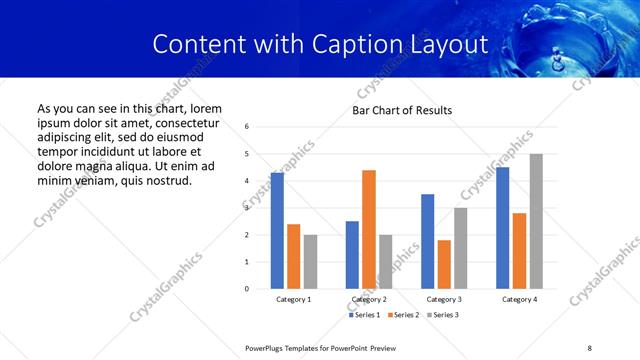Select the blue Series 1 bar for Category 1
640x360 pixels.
pos(277,230)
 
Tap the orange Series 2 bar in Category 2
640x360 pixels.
pos(369,229)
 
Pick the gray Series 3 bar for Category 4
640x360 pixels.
pos(536,221)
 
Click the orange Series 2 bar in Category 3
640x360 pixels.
pos(444,264)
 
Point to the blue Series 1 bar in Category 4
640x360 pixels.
pos(503,228)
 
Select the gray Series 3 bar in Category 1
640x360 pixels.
pos(310,261)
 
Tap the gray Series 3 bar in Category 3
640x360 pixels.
pos(460,248)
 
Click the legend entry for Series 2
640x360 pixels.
pos(401,315)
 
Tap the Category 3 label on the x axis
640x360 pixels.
pos(444,299)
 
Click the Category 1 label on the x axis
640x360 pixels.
pos(293,299)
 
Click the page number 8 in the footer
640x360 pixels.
pos(590,348)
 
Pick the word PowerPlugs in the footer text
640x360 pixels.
pos(267,348)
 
